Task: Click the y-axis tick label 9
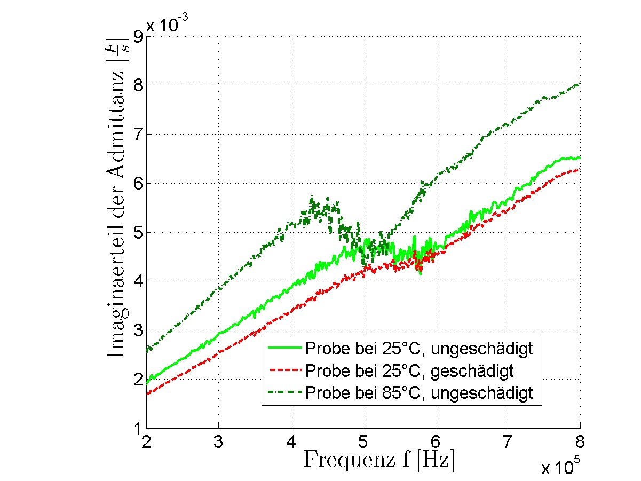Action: pos(137,36)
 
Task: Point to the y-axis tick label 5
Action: pos(137,232)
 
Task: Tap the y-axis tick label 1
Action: pos(137,428)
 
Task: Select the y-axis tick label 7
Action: pos(137,134)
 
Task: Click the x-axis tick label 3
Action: pos(218,442)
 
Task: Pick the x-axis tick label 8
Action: pos(580,442)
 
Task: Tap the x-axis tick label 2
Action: pos(146,442)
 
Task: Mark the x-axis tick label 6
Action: pos(435,442)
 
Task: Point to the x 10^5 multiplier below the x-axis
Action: pos(560,468)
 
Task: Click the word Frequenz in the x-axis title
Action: pos(342,460)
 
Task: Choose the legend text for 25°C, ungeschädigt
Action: pos(419,349)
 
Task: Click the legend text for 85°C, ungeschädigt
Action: pos(419,393)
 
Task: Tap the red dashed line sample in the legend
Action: pos(284,371)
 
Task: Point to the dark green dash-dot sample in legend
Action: pos(284,393)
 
